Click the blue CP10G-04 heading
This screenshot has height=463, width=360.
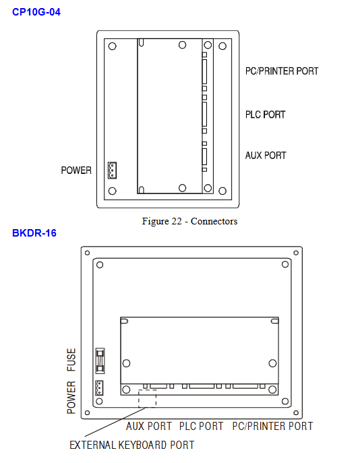pyautogui.click(x=36, y=12)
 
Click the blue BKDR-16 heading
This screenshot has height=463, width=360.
pyautogui.click(x=34, y=233)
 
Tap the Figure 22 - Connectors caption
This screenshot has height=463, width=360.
pyautogui.click(x=189, y=221)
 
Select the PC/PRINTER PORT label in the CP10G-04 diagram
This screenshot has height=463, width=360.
pyautogui.click(x=282, y=71)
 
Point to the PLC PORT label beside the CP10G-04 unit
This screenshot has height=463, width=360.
pyautogui.click(x=265, y=115)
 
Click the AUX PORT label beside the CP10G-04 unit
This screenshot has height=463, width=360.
pyautogui.click(x=266, y=155)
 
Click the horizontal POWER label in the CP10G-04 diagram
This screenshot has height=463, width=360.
pyautogui.click(x=76, y=171)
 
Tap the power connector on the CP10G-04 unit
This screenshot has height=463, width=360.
pyautogui.click(x=112, y=171)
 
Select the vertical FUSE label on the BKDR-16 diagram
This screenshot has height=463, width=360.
pyautogui.click(x=71, y=360)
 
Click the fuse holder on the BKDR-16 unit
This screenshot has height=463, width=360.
pyautogui.click(x=100, y=361)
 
